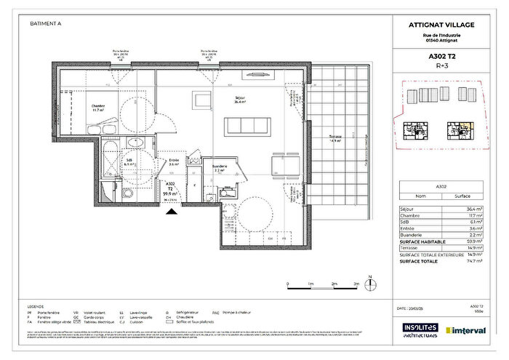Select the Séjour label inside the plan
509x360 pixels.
[x=239, y=99]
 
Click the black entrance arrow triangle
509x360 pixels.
[x=171, y=212]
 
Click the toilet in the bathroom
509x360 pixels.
[x=109, y=191]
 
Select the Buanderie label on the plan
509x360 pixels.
[x=220, y=166]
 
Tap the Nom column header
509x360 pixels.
[x=419, y=196]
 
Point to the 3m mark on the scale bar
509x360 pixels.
[x=356, y=283]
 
